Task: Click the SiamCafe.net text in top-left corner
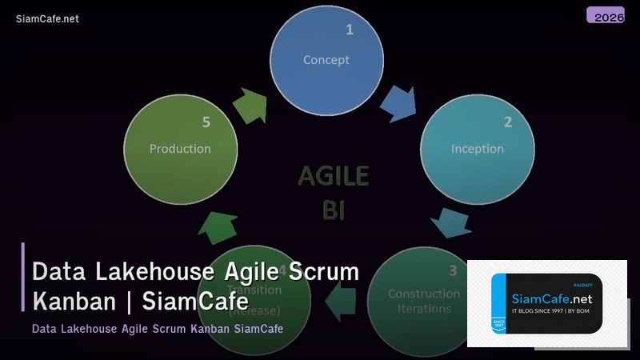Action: (47, 19)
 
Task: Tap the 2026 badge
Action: (605, 16)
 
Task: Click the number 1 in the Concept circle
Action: (349, 30)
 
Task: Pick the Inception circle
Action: (477, 149)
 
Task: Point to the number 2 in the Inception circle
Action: (507, 122)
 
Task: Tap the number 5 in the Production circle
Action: (206, 122)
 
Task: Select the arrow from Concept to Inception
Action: (397, 103)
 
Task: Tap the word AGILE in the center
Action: (333, 177)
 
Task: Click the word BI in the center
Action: (333, 209)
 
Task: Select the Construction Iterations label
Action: (419, 301)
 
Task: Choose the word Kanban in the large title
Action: (76, 302)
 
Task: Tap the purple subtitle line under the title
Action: (158, 329)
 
